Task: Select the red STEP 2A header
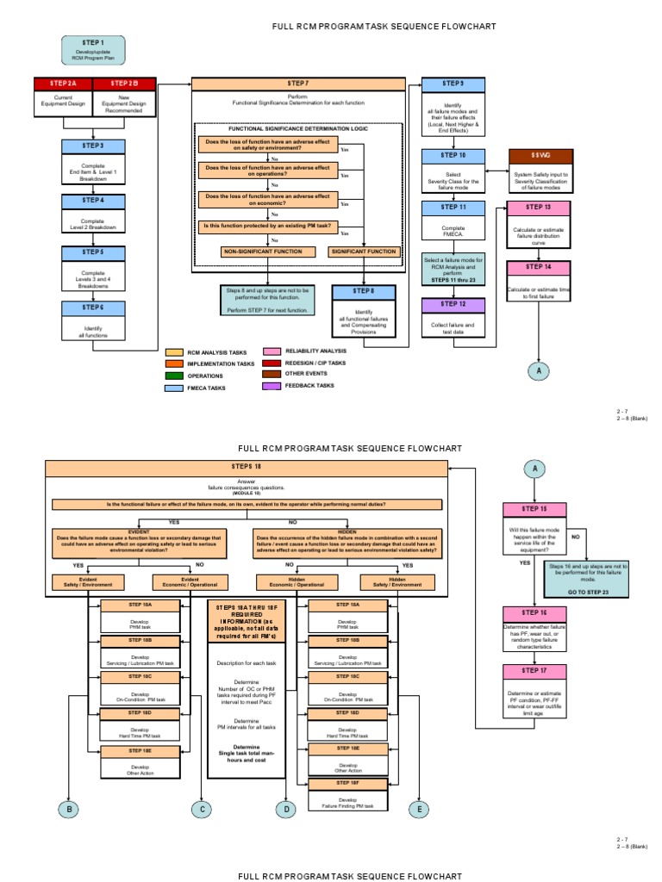coord(63,84)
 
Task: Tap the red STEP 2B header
coord(124,84)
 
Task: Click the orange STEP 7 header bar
coord(297,84)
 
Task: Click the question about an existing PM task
coord(267,227)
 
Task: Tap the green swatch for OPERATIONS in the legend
coord(173,376)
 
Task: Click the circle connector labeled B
coord(69,809)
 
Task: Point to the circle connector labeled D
coord(285,809)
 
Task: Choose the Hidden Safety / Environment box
coord(397,583)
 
